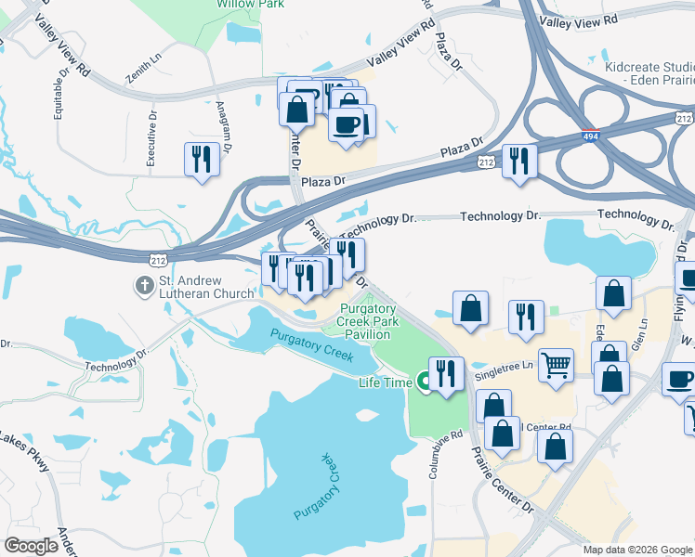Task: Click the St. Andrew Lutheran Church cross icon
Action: (145, 285)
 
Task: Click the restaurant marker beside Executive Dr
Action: (202, 159)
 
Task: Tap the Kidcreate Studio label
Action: (649, 73)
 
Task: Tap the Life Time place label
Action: (385, 382)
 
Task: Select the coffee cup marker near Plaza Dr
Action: (346, 125)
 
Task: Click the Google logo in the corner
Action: (32, 545)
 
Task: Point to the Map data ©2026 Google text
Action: (637, 550)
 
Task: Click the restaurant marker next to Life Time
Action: (446, 374)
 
